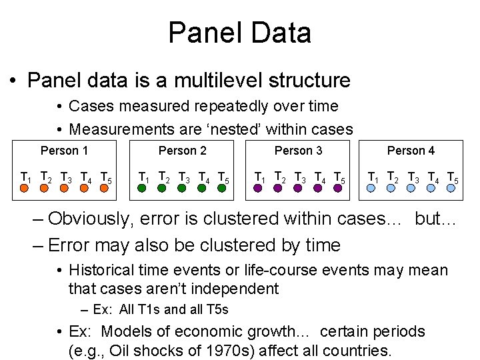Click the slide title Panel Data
coord(239,32)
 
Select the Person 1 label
coord(64,151)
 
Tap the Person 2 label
coord(182,151)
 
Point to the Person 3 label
coord(298,151)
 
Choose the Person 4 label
coord(411,151)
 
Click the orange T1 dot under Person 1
coord(24,189)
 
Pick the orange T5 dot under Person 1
coord(104,189)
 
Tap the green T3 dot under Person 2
coord(181,189)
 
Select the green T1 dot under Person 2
coord(142,189)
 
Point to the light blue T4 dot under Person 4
coord(431,189)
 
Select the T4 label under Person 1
coord(85,177)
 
